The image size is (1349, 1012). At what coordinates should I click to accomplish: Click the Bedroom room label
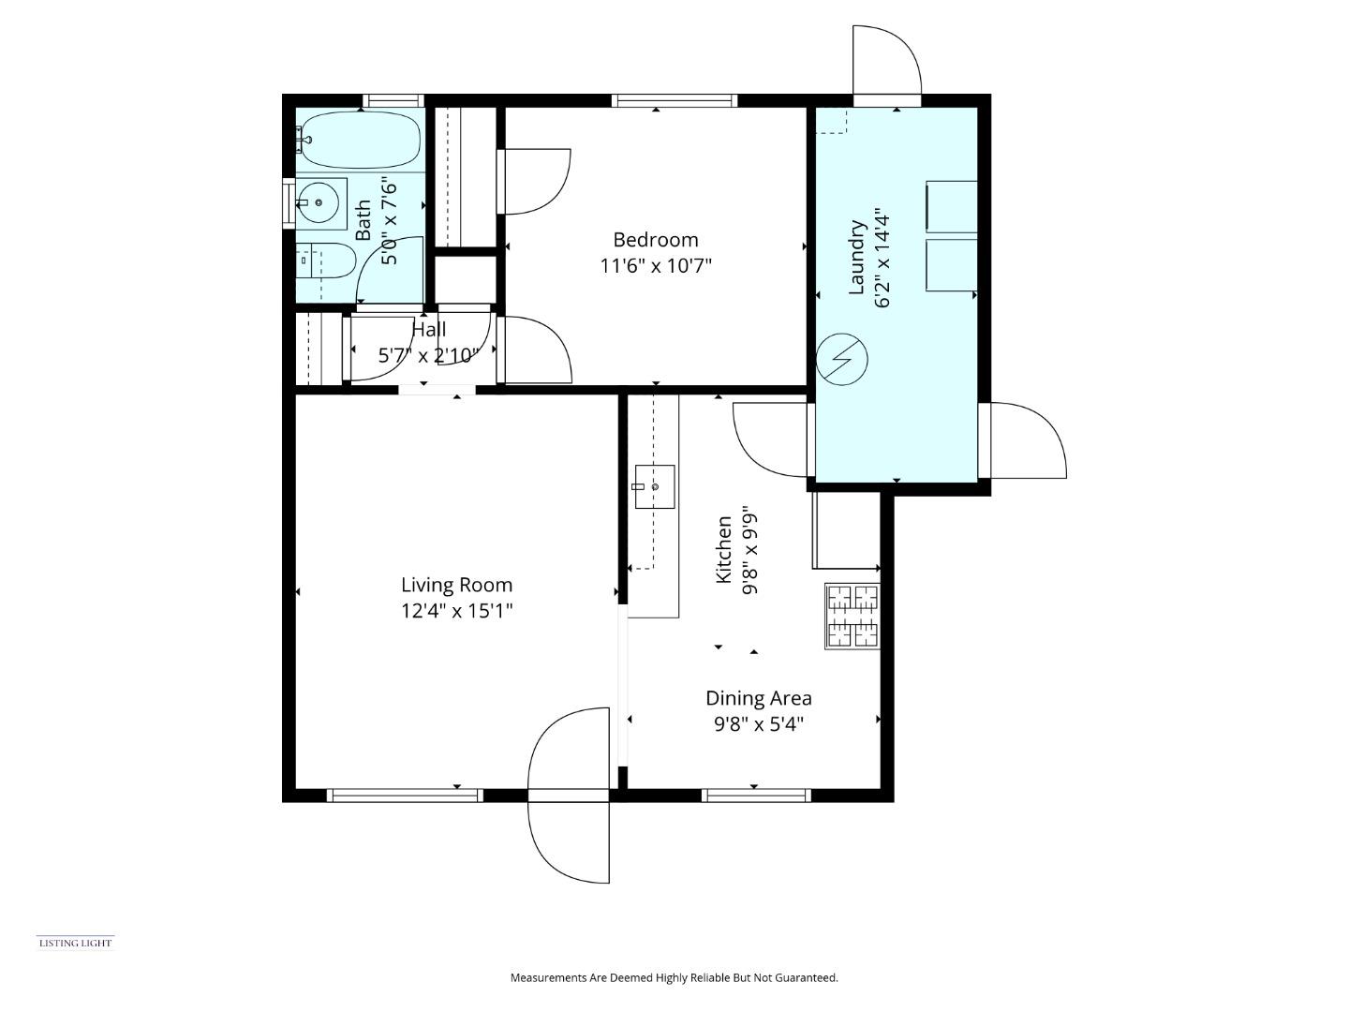pyautogui.click(x=655, y=239)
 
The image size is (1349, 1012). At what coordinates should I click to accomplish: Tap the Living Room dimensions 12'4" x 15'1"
pyautogui.click(x=456, y=611)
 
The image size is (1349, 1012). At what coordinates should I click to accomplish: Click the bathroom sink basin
pyautogui.click(x=320, y=201)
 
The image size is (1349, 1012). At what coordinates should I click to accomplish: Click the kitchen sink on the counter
pyautogui.click(x=655, y=486)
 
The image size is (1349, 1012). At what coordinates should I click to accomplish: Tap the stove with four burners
pyautogui.click(x=852, y=616)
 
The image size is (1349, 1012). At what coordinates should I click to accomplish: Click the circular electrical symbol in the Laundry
pyautogui.click(x=841, y=359)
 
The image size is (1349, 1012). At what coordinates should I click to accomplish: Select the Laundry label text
pyautogui.click(x=856, y=258)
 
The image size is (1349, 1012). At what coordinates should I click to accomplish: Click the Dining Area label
pyautogui.click(x=758, y=698)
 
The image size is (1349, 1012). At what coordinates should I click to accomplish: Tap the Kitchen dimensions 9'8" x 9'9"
pyautogui.click(x=749, y=551)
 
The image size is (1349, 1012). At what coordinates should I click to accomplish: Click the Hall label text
pyautogui.click(x=429, y=330)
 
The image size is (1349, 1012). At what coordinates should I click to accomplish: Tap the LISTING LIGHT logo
pyautogui.click(x=75, y=943)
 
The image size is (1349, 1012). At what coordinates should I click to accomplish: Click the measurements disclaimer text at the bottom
pyautogui.click(x=674, y=977)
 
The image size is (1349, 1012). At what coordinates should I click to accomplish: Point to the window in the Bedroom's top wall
pyautogui.click(x=674, y=100)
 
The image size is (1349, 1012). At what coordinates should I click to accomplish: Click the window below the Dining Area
pyautogui.click(x=756, y=796)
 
